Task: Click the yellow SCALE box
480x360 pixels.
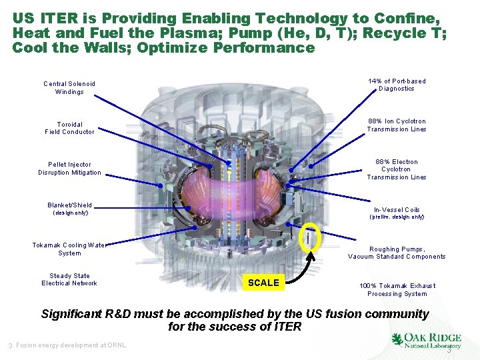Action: point(263,283)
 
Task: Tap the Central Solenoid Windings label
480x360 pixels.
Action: point(69,88)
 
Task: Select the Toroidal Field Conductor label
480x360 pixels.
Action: point(69,128)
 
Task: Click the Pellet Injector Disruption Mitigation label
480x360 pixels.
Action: point(69,169)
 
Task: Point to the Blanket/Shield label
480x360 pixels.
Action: point(69,205)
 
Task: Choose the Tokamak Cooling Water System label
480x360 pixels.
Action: point(69,249)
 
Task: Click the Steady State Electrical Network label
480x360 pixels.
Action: point(69,279)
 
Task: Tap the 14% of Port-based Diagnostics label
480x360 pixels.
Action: point(397,85)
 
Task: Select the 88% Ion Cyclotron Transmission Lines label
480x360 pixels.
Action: point(397,125)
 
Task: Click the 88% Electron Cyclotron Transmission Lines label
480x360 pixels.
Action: point(397,169)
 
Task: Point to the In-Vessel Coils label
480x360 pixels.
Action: point(397,210)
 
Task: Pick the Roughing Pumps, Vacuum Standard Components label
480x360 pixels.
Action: point(397,253)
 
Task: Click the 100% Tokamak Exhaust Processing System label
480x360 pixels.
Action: point(397,289)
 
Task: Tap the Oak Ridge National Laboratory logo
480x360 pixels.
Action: point(426,341)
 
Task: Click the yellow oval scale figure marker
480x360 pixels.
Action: point(309,238)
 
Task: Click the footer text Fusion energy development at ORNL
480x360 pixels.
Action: point(71,345)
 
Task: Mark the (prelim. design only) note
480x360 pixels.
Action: point(397,217)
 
